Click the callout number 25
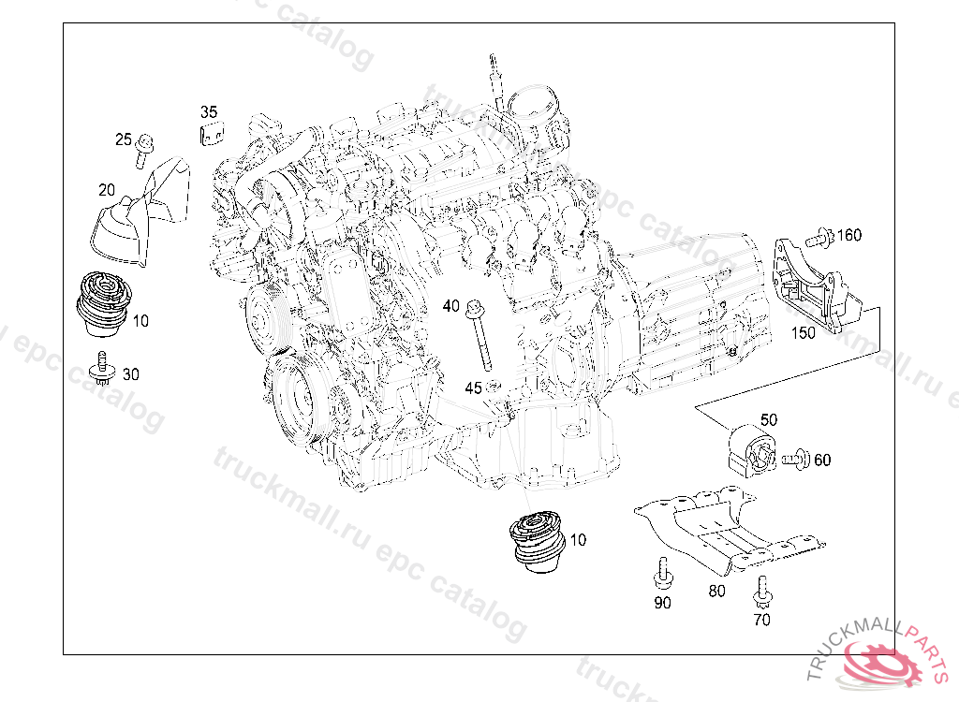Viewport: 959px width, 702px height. tap(124, 140)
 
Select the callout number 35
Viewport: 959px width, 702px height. tap(209, 112)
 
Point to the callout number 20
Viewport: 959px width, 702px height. tap(107, 189)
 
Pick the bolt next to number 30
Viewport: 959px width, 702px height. tap(102, 370)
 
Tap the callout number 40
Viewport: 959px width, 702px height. tap(451, 306)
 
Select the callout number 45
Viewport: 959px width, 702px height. tap(474, 388)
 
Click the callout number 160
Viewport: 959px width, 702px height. tap(848, 234)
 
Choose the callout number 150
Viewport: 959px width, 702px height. tap(804, 331)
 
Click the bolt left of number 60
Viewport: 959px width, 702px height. tap(797, 459)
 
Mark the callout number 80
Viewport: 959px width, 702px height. tap(716, 591)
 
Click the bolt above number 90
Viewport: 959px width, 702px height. tap(663, 570)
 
